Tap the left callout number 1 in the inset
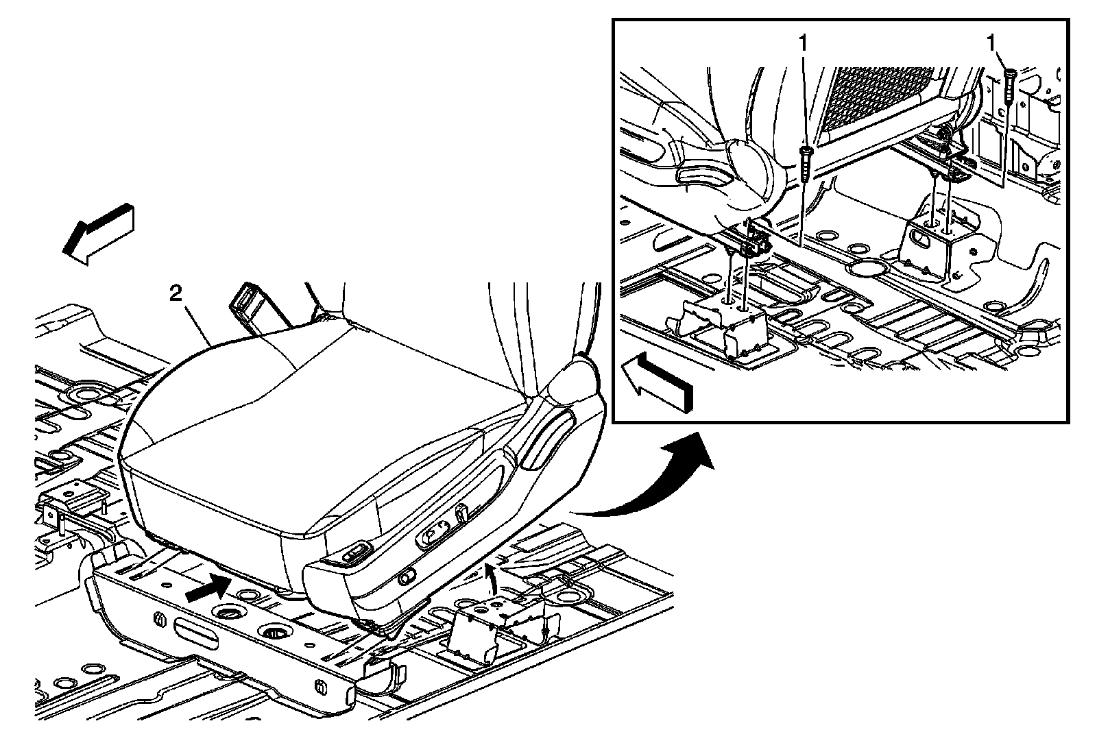pos(802,43)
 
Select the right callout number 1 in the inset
pos(991,43)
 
